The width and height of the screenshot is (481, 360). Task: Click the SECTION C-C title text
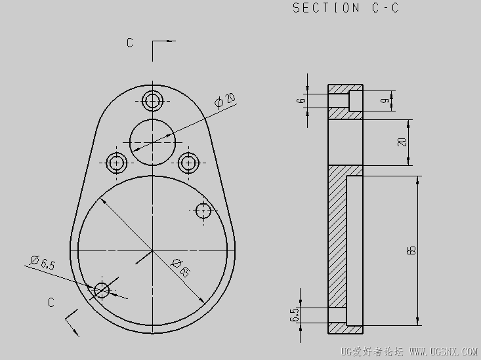tap(346, 8)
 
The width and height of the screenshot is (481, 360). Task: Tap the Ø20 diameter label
tap(225, 100)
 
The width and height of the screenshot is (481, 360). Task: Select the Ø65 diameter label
tap(181, 268)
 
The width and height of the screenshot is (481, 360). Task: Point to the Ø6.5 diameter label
tap(43, 262)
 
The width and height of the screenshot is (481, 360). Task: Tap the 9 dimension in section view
tap(387, 100)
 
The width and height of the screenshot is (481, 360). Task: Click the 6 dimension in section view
tap(302, 100)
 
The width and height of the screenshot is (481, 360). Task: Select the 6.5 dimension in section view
tap(294, 315)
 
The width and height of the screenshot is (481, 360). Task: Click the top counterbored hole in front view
tap(152, 100)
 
